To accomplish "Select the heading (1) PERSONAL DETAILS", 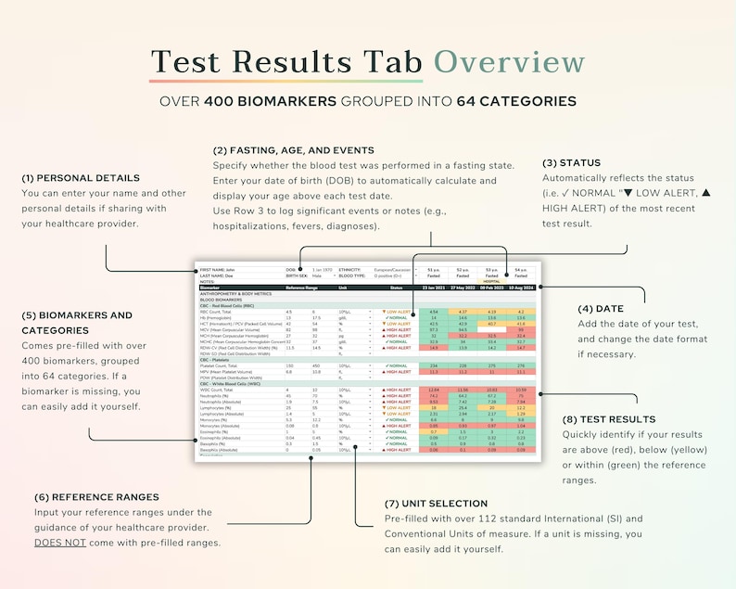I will click(81, 177).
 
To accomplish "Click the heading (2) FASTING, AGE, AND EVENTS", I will click(294, 150).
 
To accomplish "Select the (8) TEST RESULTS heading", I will click(609, 419).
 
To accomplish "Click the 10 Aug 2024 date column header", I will click(521, 288).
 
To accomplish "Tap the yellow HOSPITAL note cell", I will click(491, 281).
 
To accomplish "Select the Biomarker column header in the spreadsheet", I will click(210, 288).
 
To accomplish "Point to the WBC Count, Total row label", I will click(217, 390).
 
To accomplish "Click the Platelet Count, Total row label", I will click(221, 366).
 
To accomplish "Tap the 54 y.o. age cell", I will click(521, 269).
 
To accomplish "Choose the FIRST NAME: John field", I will click(218, 269).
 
